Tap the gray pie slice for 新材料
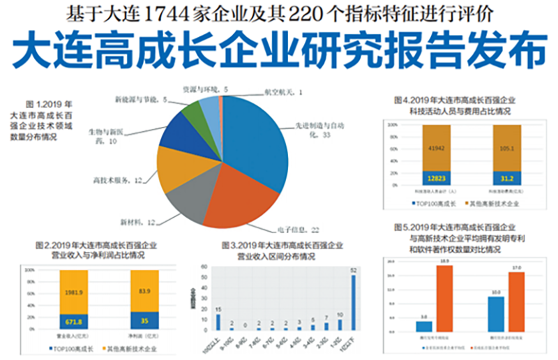(x=187, y=199)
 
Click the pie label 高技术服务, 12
(x=117, y=180)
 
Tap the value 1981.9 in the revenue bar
(x=74, y=291)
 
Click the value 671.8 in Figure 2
(x=74, y=320)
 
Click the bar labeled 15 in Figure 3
(x=218, y=322)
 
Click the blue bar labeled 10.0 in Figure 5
(x=496, y=314)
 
